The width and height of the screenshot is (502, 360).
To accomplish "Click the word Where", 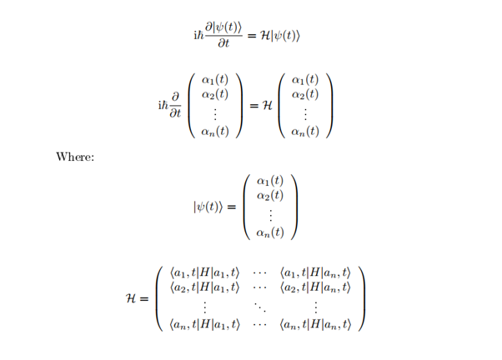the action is (74, 157).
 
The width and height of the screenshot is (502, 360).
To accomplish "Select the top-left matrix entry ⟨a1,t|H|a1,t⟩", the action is (204, 272).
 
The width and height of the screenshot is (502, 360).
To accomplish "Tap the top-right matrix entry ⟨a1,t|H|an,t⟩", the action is (316, 272).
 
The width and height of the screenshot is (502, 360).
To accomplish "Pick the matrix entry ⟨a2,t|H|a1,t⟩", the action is (204, 287).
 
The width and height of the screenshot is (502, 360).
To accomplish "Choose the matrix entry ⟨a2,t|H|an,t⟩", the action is (316, 287).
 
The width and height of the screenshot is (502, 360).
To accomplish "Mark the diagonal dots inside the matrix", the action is (260, 307).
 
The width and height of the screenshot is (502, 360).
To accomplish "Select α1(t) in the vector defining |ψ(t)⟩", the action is (270, 180).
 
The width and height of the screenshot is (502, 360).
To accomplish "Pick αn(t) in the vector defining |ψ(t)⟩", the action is (270, 232).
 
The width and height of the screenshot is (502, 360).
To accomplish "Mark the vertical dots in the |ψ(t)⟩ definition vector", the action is (270, 213).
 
